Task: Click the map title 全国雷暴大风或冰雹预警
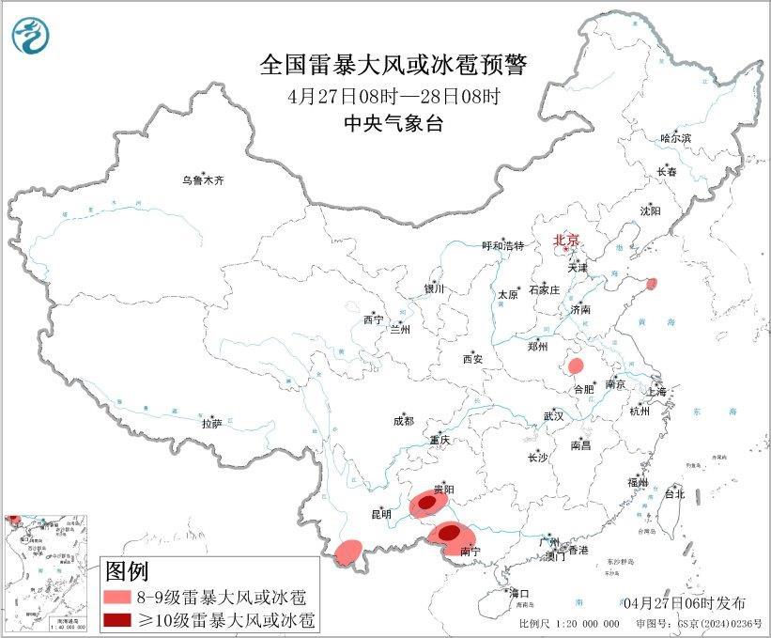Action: (393, 66)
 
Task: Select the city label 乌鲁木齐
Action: (204, 179)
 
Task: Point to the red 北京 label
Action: (567, 241)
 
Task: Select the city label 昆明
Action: (380, 515)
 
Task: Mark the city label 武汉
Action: (553, 415)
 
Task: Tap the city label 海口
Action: (519, 594)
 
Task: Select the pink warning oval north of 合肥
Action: (577, 366)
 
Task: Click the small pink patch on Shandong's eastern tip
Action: (652, 283)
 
